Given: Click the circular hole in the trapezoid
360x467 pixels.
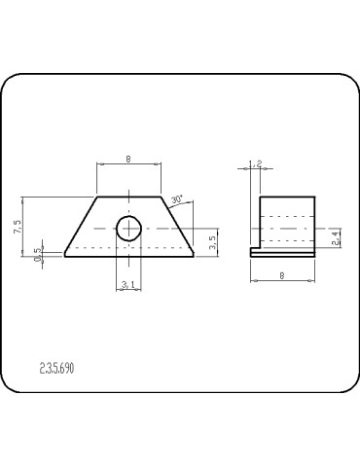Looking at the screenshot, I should [128, 229].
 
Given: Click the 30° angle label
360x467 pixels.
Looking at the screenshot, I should [176, 199].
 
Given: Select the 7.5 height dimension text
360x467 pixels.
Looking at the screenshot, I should [18, 227].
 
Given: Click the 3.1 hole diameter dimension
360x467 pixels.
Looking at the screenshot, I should [128, 284].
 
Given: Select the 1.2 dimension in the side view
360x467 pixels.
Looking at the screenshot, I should [255, 164].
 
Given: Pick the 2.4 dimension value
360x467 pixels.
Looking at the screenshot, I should [336, 236].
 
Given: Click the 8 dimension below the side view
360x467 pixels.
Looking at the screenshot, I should [282, 276].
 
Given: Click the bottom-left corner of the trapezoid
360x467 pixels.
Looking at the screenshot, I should [64, 257].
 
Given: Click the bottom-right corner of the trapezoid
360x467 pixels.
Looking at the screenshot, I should [193, 257].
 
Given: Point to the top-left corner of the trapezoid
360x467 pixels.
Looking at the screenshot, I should [97, 197].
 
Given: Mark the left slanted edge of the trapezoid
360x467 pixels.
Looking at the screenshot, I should [81, 227].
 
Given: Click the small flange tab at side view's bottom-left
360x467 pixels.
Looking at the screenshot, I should [254, 253].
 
